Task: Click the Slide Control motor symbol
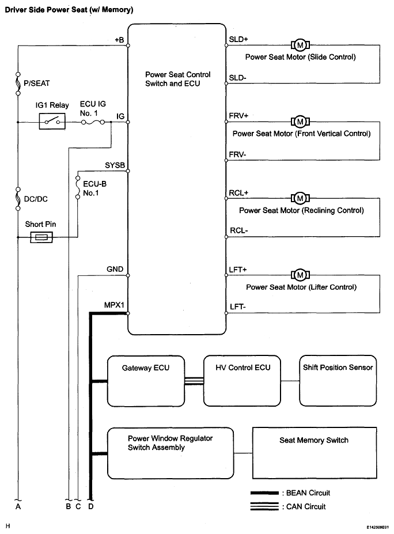click(300, 45)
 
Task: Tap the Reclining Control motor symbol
click(300, 198)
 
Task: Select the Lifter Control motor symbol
click(300, 275)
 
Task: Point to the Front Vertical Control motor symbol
click(300, 122)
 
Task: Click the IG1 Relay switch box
click(52, 122)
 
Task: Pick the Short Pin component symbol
click(41, 237)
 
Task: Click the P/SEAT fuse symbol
click(18, 84)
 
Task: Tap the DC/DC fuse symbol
click(18, 198)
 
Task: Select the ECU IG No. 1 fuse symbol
click(93, 123)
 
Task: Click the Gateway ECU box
click(146, 381)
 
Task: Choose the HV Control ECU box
click(242, 381)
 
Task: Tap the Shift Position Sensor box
click(338, 381)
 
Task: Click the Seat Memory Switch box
click(315, 453)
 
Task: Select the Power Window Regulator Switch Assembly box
click(171, 453)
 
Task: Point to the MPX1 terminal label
click(114, 305)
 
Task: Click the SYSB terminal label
click(115, 165)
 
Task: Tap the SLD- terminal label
click(237, 78)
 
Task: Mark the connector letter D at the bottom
click(90, 506)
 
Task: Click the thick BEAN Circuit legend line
click(264, 493)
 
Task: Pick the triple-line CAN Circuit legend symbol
click(264, 506)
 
